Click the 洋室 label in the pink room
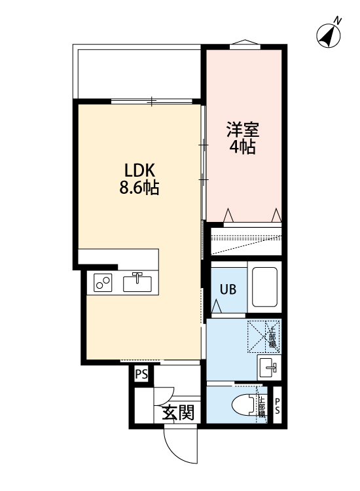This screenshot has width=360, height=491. pos(242,128)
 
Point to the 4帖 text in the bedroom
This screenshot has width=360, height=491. pos(242,147)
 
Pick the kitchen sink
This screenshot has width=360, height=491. pos(137,283)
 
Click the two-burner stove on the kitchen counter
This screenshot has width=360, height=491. pos(102,283)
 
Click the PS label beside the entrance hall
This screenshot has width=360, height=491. pos(141,374)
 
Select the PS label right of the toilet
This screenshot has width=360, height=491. pos(277,406)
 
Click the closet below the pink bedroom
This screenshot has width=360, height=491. pos(244,240)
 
